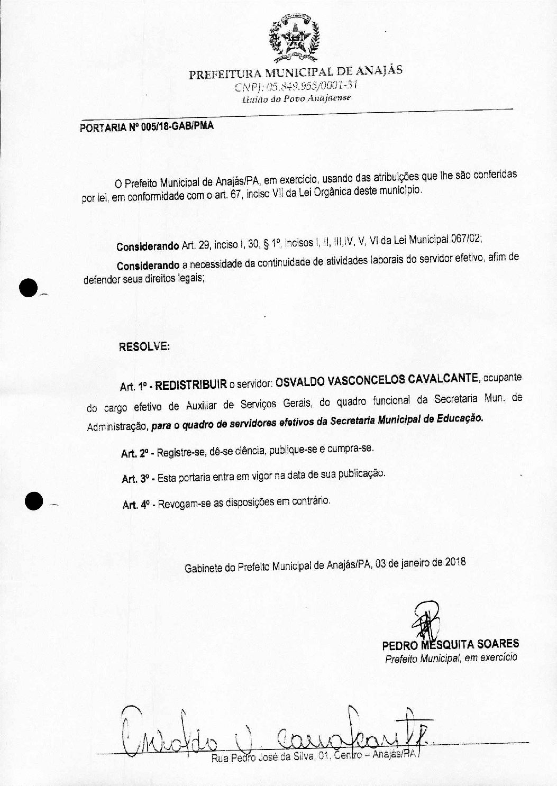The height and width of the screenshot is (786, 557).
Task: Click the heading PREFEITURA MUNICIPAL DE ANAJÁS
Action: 296,72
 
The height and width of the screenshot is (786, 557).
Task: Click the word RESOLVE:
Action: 144,347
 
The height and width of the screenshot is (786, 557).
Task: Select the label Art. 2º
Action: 136,453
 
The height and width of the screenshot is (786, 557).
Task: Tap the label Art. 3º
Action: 137,478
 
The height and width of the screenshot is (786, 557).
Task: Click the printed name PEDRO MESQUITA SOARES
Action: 450,644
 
